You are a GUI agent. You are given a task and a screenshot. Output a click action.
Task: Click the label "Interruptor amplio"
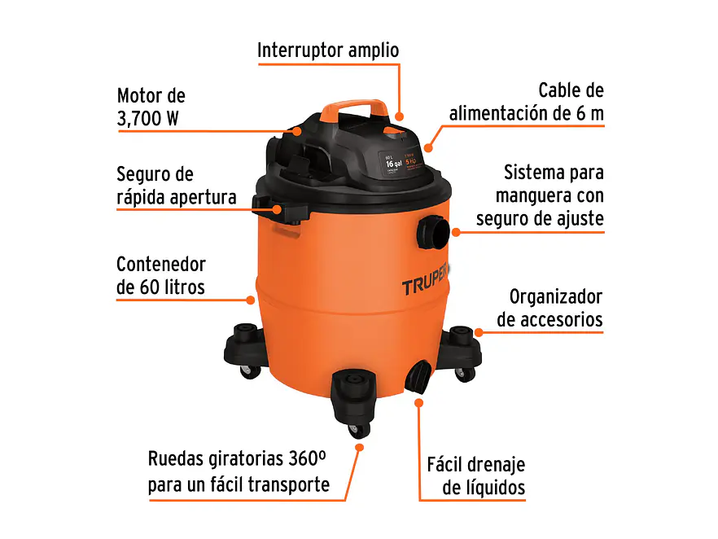[328, 50]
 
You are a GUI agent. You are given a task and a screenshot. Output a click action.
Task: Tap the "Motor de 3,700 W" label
[151, 107]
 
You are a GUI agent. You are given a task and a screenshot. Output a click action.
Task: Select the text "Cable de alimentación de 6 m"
[528, 102]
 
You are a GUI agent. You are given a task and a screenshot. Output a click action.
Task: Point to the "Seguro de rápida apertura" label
[176, 186]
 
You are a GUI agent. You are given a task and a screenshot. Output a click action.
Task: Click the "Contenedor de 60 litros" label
[161, 275]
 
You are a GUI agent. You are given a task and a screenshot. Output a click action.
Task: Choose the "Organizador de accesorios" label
[550, 309]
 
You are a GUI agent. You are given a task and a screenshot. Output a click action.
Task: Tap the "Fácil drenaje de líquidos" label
[476, 476]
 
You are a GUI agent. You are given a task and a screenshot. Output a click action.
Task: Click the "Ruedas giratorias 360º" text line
[237, 458]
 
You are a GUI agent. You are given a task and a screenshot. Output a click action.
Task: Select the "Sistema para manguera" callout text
[554, 184]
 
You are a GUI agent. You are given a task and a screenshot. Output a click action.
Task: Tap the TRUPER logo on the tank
[427, 287]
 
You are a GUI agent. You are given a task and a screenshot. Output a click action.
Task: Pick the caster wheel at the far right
[464, 373]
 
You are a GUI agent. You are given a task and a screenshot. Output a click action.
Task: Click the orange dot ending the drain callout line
[420, 401]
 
